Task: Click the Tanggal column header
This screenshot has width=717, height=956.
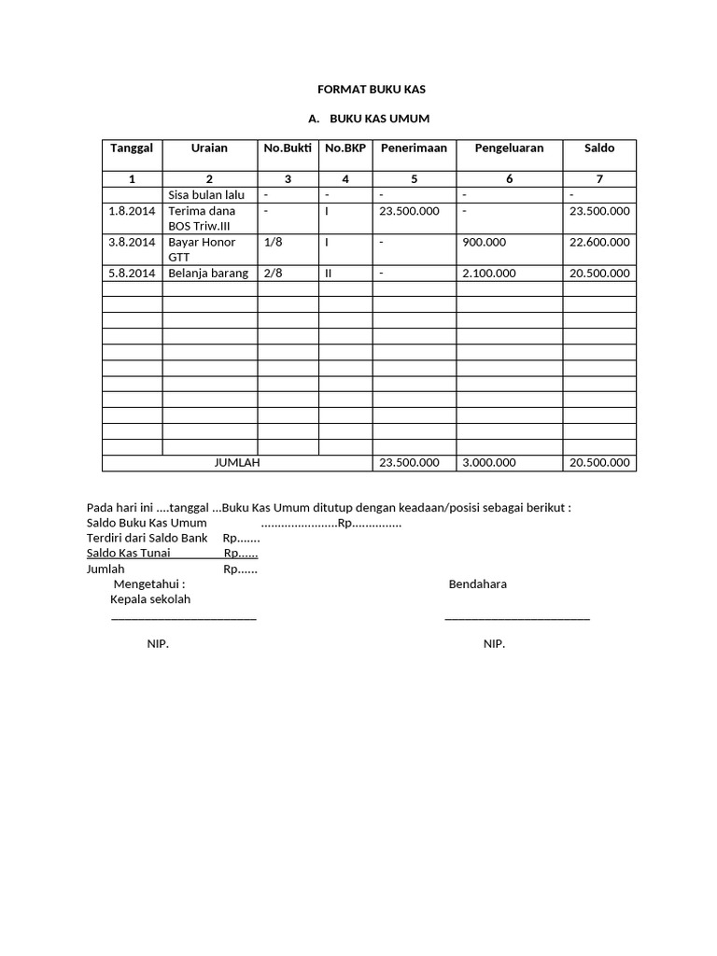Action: click(133, 148)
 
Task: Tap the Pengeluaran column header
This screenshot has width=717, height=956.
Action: click(509, 148)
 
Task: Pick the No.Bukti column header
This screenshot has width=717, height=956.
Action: click(288, 148)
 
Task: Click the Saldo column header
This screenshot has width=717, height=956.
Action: click(599, 148)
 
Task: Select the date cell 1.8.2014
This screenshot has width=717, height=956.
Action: click(132, 212)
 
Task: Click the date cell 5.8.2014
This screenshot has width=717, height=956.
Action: click(132, 274)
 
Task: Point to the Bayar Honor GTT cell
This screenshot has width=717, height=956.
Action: click(202, 249)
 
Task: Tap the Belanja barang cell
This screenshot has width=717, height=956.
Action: click(208, 274)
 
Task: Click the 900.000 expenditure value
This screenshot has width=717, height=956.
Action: click(485, 243)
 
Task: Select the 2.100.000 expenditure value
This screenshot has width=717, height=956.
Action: click(490, 274)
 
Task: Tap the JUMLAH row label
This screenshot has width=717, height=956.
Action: click(237, 463)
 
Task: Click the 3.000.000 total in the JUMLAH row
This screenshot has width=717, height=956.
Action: click(489, 463)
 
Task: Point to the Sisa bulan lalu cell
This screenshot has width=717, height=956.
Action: click(206, 195)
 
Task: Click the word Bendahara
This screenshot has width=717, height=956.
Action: click(477, 584)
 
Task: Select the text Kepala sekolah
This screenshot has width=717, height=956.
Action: click(150, 599)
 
